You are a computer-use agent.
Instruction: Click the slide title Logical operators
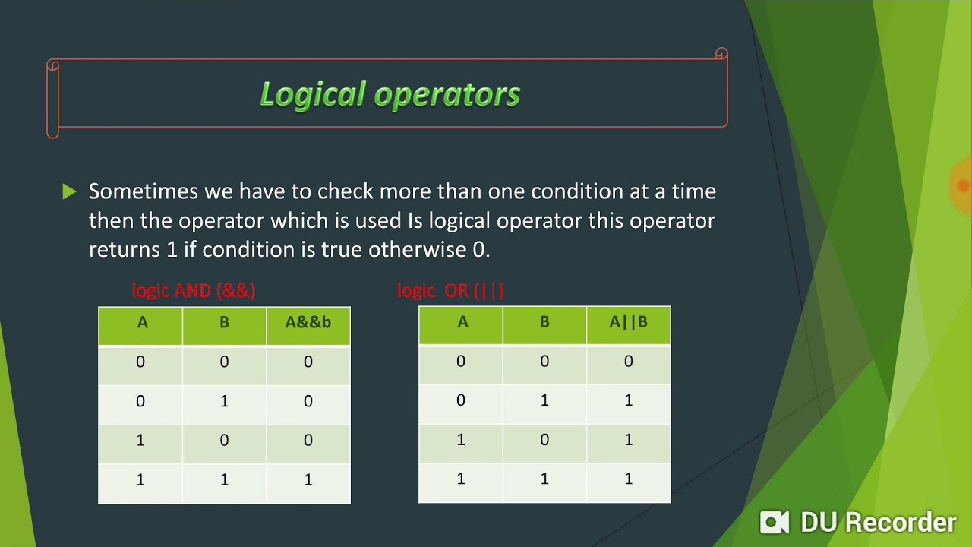pyautogui.click(x=390, y=94)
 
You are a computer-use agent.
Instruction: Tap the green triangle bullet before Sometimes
pyautogui.click(x=69, y=192)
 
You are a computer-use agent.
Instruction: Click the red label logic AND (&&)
pyautogui.click(x=194, y=290)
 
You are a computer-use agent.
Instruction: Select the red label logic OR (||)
pyautogui.click(x=450, y=290)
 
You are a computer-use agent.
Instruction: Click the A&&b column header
pyautogui.click(x=308, y=323)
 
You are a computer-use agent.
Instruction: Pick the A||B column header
pyautogui.click(x=628, y=323)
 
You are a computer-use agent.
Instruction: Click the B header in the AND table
pyautogui.click(x=224, y=323)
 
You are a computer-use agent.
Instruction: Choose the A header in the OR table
pyautogui.click(x=462, y=323)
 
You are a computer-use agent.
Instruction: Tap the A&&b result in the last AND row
pyautogui.click(x=308, y=480)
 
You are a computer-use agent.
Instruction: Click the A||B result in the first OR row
pyautogui.click(x=628, y=362)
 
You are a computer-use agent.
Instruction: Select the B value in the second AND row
pyautogui.click(x=224, y=401)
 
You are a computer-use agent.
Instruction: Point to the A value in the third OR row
pyautogui.click(x=461, y=440)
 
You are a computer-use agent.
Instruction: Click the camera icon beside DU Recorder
pyautogui.click(x=775, y=522)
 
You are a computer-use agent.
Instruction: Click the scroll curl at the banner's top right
pyautogui.click(x=721, y=55)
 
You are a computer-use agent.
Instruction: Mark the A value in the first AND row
pyautogui.click(x=140, y=362)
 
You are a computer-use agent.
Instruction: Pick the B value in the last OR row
pyautogui.click(x=544, y=479)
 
